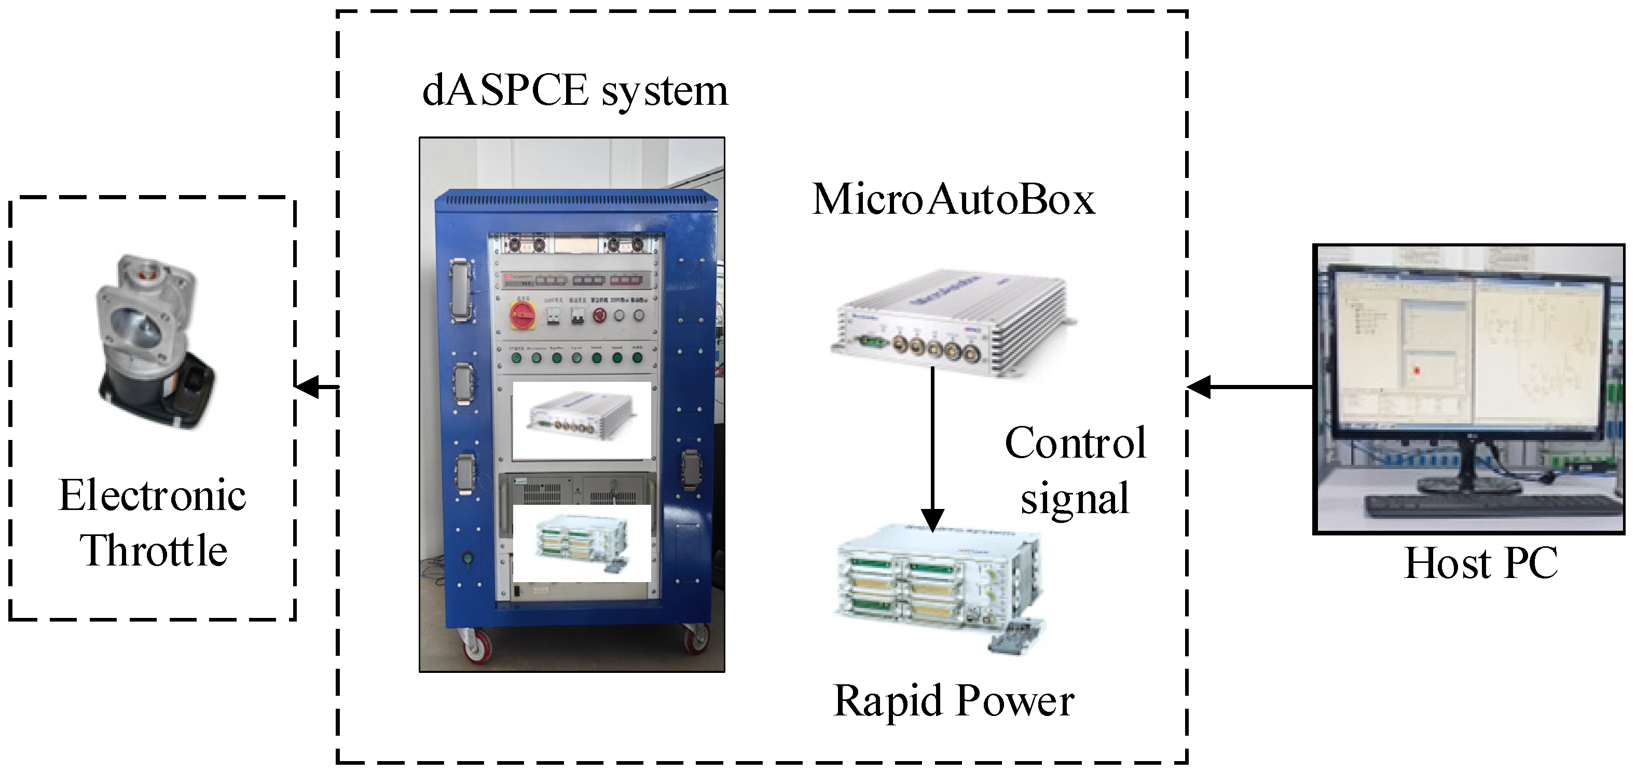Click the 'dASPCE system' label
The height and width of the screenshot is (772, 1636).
pos(575,91)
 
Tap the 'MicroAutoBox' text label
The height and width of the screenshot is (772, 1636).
pos(953,200)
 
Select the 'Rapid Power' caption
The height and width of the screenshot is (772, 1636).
pos(953,701)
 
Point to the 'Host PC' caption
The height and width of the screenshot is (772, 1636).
pos(1480,563)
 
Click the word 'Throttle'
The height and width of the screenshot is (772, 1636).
pos(153,550)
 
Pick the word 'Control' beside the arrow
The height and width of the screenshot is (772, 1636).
pos(1075,443)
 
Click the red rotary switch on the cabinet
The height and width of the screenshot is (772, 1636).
pos(522,315)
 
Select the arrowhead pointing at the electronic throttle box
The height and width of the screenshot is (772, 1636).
pos(308,386)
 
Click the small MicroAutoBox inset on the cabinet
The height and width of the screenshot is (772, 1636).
pos(582,420)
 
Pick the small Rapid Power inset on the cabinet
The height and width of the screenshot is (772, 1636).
pos(582,543)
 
